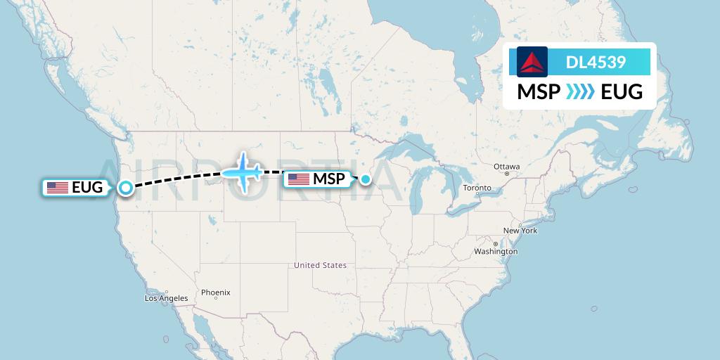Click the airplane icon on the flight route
(x=243, y=172)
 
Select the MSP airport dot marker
(x=366, y=179)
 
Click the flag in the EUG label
(x=58, y=188)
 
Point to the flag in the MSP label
(x=299, y=179)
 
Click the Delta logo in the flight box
(x=532, y=62)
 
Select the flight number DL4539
(x=596, y=63)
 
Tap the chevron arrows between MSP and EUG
(x=580, y=91)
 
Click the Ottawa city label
(x=506, y=167)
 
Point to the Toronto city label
(x=477, y=188)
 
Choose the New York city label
(x=520, y=231)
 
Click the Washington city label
(x=496, y=251)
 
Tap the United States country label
(x=321, y=265)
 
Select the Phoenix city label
(x=215, y=292)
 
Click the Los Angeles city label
(x=167, y=298)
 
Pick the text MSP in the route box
(x=539, y=91)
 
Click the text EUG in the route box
(x=622, y=91)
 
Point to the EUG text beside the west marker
(x=87, y=188)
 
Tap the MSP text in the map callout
(x=329, y=179)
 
